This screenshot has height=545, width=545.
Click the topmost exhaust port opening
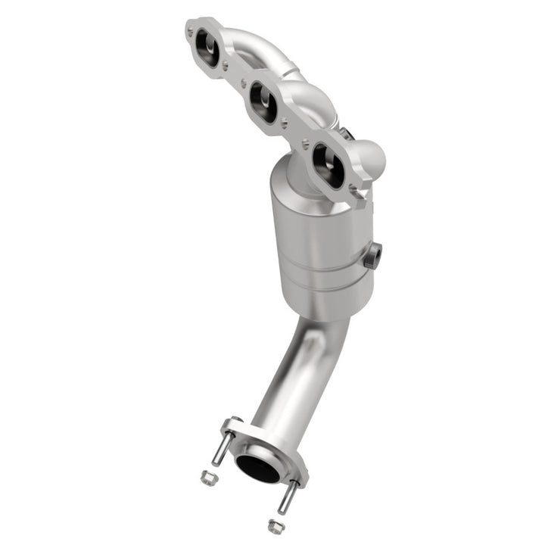coord(207,48)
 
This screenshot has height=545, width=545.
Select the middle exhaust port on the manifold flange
coord(263,103)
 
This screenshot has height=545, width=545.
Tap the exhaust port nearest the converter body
coord(328,165)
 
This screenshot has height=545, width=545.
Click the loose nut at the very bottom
coord(275,525)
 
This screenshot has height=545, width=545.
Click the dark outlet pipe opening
coord(257,468)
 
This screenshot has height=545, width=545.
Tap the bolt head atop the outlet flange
coord(235,421)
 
